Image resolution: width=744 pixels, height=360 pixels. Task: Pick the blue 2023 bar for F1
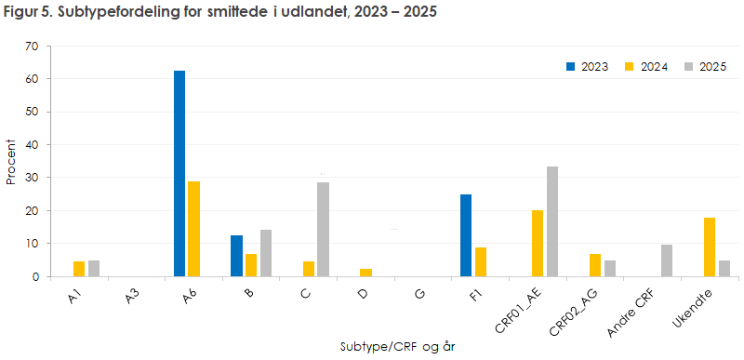[x=466, y=235]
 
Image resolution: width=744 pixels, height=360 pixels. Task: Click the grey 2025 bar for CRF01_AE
[x=551, y=221]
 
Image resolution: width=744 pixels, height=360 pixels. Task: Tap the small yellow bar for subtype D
[x=366, y=273]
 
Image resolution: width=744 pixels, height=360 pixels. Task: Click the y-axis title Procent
[x=11, y=161]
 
